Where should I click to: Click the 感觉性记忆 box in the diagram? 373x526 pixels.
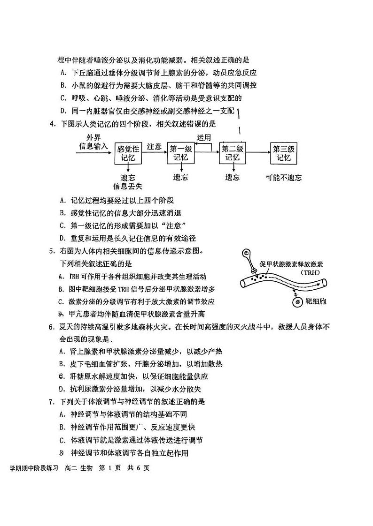(x=128, y=153)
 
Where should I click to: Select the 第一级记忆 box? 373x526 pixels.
(x=180, y=153)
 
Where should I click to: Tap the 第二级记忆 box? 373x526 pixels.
(x=233, y=153)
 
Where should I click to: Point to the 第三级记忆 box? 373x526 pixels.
(x=284, y=153)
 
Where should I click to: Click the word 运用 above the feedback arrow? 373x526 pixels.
(x=204, y=137)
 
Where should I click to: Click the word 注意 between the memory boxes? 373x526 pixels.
(x=155, y=146)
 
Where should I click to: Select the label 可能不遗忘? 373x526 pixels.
(x=283, y=178)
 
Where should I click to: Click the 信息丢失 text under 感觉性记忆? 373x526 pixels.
(x=128, y=186)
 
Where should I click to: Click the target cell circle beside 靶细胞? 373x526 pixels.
(x=298, y=302)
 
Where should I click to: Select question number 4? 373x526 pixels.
(x=52, y=124)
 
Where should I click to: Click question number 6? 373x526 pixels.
(x=52, y=327)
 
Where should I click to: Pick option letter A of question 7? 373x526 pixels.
(x=62, y=414)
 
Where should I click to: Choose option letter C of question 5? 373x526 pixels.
(x=62, y=301)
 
